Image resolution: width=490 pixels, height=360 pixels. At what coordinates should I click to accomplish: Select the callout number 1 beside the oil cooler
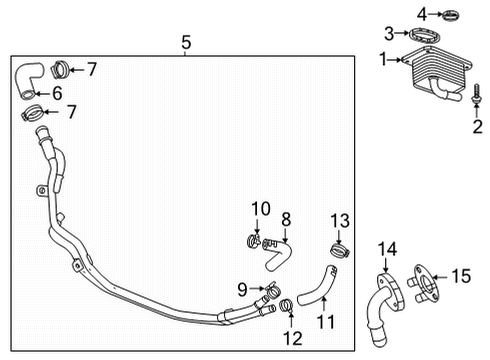381,60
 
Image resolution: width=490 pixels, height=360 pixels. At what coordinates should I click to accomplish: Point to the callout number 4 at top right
422,12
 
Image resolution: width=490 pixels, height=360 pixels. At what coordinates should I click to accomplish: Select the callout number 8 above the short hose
285,218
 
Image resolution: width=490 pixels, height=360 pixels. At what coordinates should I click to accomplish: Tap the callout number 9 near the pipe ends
243,290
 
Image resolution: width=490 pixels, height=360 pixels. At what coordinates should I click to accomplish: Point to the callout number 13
339,220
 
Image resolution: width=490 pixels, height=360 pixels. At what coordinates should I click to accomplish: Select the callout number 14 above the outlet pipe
385,249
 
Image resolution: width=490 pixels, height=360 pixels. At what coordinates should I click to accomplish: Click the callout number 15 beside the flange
462,274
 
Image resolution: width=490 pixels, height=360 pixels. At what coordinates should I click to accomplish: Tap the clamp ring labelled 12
285,305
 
